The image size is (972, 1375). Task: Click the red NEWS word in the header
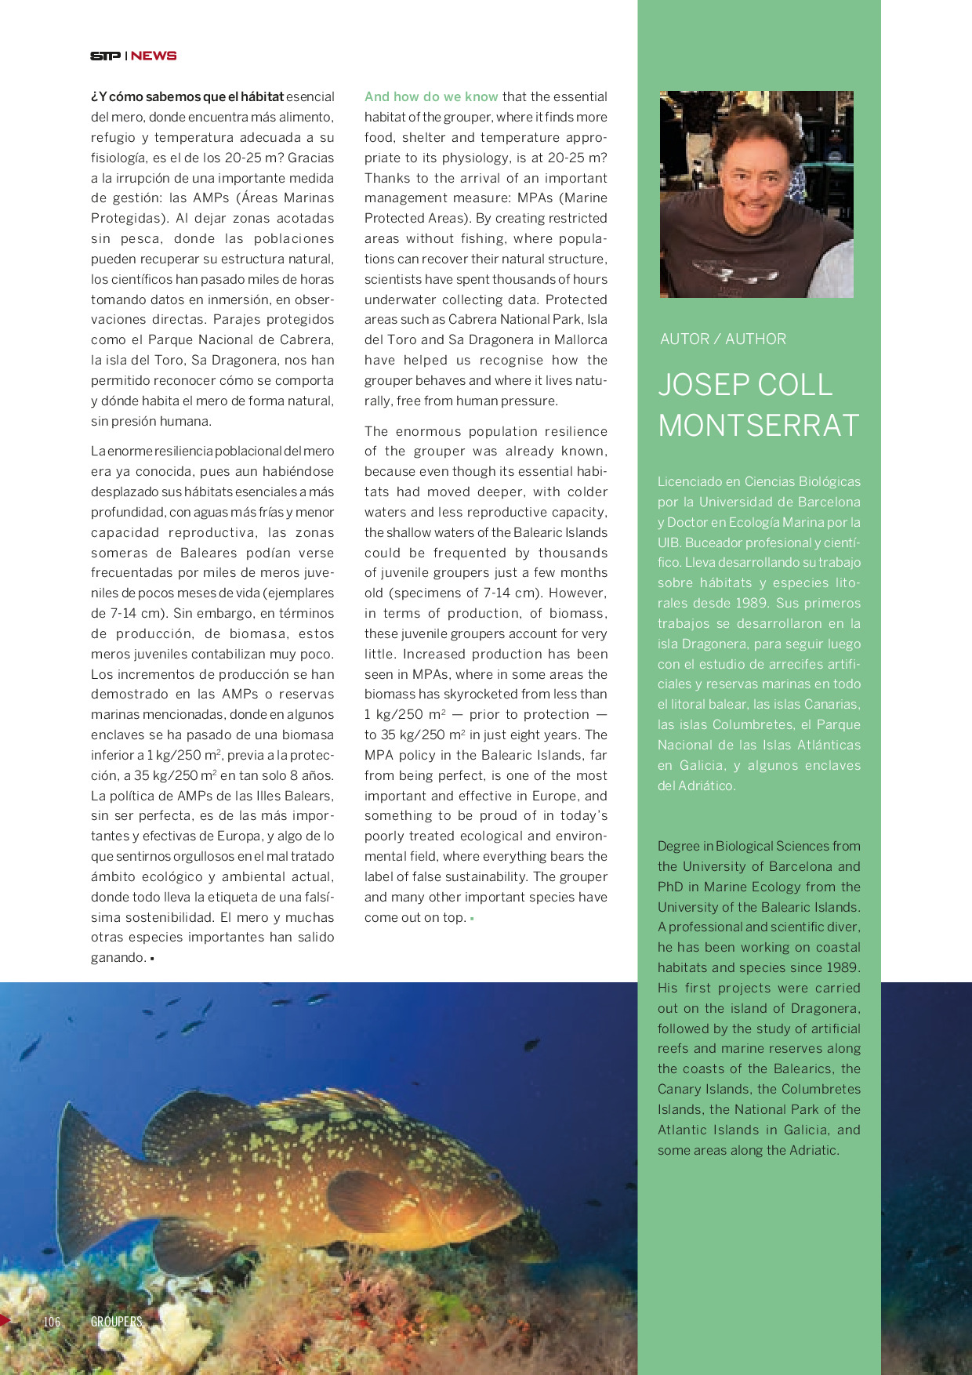[x=154, y=56]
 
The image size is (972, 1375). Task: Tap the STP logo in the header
[x=105, y=56]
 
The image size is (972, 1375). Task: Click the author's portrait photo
[x=756, y=194]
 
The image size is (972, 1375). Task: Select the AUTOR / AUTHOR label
[x=723, y=339]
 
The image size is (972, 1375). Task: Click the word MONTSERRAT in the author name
[x=759, y=426]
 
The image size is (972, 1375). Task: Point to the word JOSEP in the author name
[x=703, y=385]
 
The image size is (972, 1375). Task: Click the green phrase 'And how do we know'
[x=431, y=97]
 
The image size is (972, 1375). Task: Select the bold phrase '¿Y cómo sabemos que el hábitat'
[x=187, y=97]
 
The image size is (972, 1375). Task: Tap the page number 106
[x=52, y=1322]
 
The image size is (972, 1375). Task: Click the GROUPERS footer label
[x=116, y=1322]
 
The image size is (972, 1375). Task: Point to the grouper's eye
[x=493, y=1176]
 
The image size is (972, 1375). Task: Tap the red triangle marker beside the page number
[x=5, y=1320]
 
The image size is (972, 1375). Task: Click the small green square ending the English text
[x=472, y=919]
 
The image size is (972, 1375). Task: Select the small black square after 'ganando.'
[x=151, y=959]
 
